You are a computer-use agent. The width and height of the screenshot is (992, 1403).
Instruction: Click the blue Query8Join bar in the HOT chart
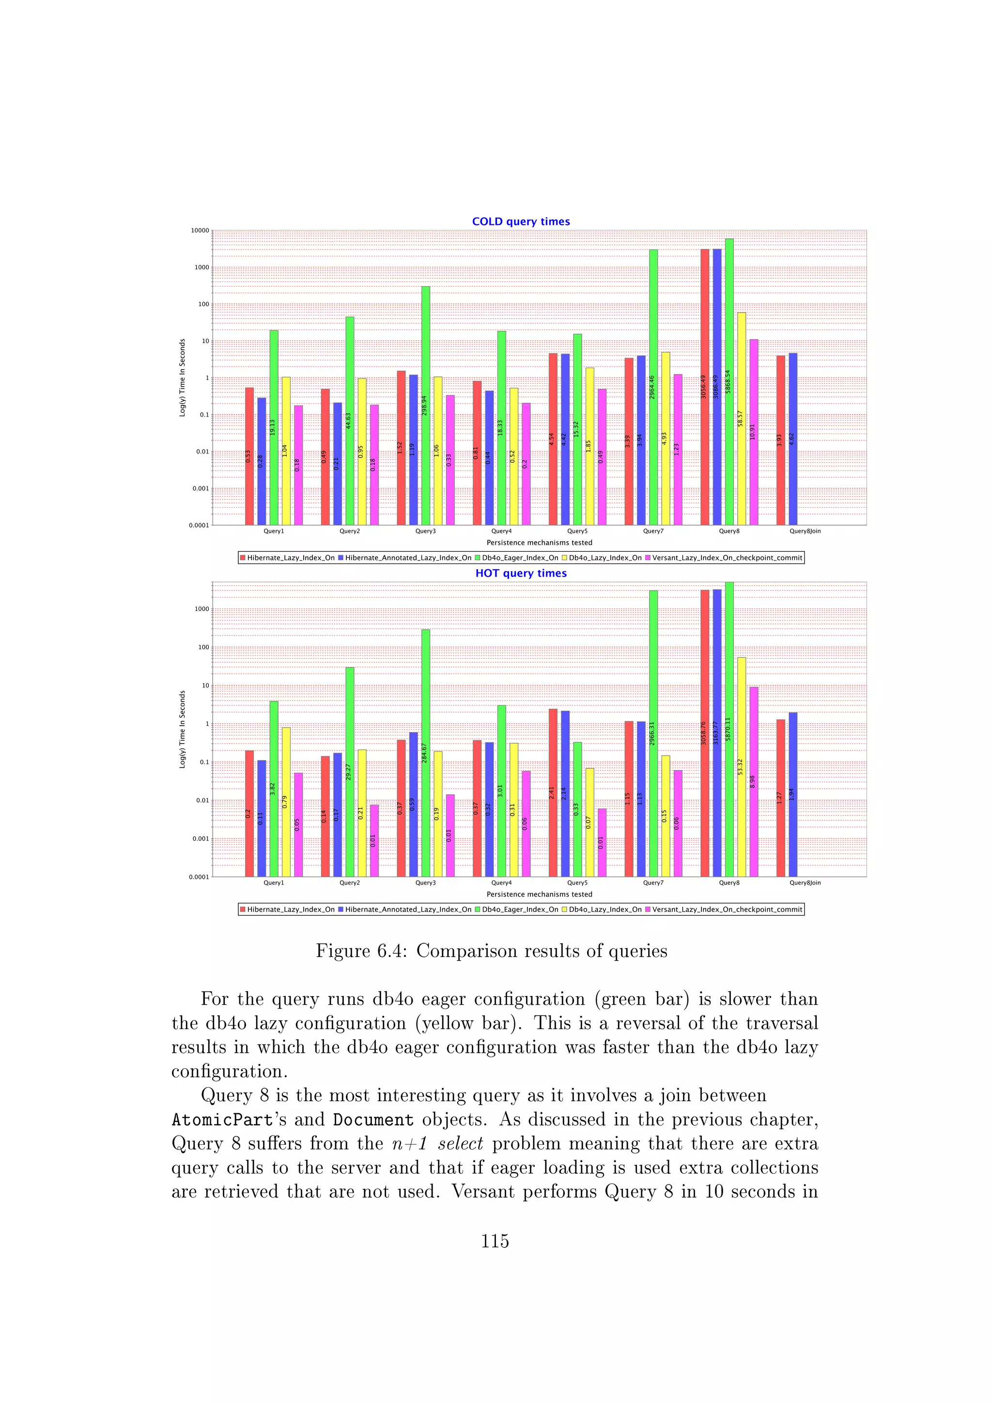click(793, 795)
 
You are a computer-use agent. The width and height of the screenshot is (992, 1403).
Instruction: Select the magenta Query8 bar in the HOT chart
click(754, 781)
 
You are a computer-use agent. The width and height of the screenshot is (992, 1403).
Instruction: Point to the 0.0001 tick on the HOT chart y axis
click(199, 877)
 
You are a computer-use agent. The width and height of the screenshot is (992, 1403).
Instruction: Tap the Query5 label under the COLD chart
click(576, 531)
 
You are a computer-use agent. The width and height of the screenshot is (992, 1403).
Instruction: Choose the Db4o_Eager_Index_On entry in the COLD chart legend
click(519, 558)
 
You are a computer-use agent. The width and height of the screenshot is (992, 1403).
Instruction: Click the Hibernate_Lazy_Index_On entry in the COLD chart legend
click(290, 558)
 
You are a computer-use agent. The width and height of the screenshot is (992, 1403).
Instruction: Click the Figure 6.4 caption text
click(491, 951)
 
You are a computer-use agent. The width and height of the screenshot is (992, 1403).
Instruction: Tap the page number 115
click(495, 1241)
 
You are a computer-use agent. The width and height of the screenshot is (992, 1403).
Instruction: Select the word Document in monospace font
click(372, 1120)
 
